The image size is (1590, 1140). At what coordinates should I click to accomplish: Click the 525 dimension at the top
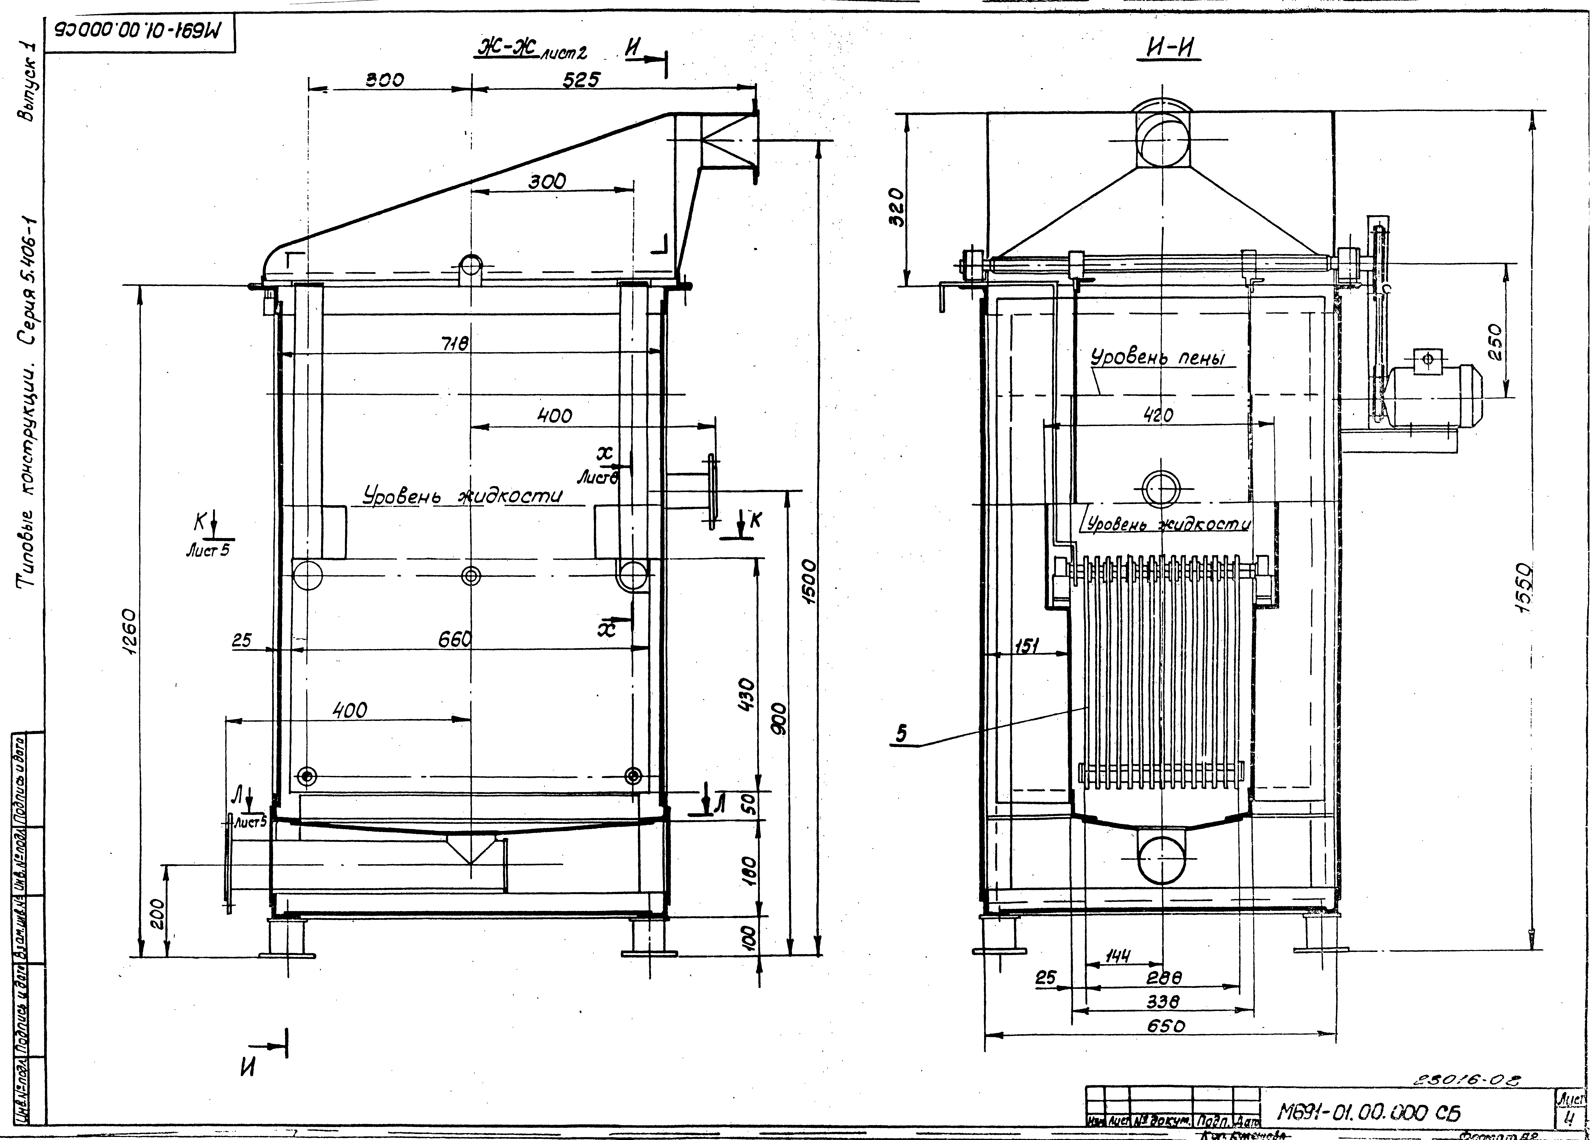(581, 80)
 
